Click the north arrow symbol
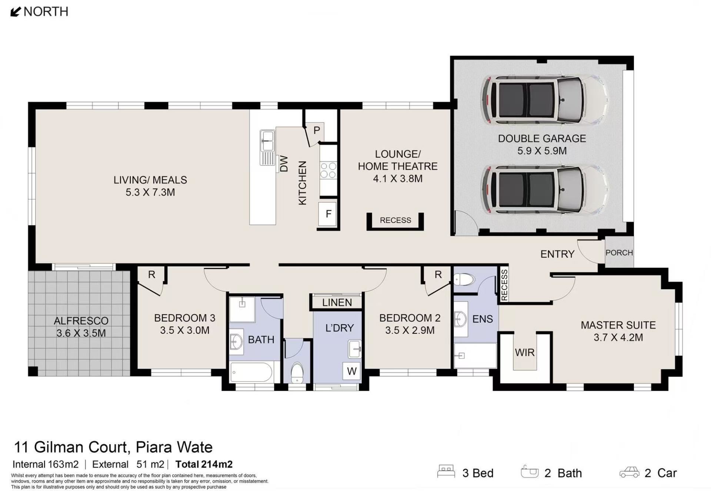click(15, 12)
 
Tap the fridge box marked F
click(328, 214)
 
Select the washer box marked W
click(351, 370)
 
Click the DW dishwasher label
click(284, 164)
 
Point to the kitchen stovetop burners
click(328, 171)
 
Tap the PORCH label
click(619, 253)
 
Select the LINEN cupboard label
click(337, 303)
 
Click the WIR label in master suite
click(525, 352)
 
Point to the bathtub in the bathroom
click(251, 372)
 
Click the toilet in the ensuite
click(464, 279)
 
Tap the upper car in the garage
click(544, 100)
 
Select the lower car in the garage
click(544, 190)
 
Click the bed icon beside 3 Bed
click(446, 471)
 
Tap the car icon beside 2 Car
click(630, 472)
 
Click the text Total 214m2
click(204, 464)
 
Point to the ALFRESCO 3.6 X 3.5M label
click(81, 327)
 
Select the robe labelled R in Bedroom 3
click(151, 275)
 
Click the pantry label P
click(317, 131)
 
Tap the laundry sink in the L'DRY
click(355, 349)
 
